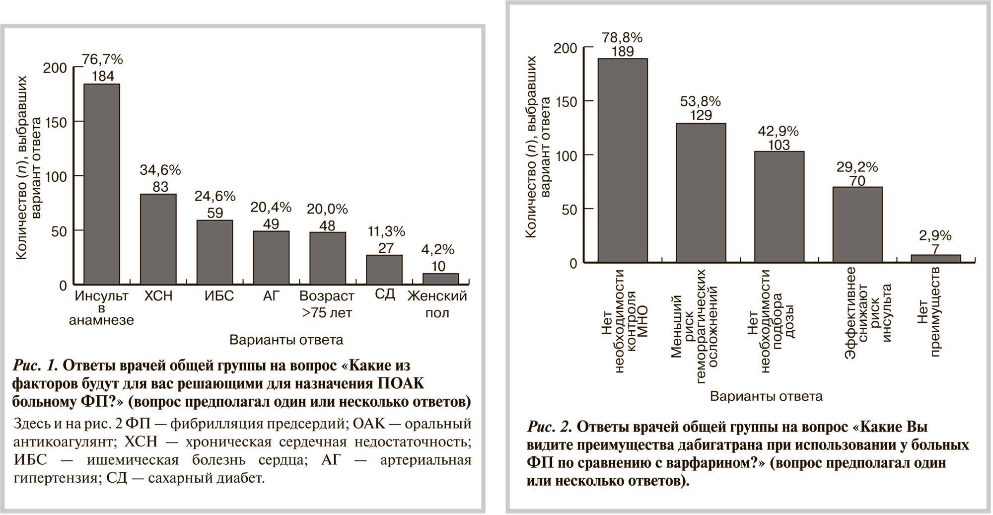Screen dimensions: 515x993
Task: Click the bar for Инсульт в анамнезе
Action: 101,184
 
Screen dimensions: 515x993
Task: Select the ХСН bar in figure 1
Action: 158,238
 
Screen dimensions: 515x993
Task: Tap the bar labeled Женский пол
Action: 440,279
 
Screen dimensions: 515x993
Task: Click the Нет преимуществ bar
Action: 935,258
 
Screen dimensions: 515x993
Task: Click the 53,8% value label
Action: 700,102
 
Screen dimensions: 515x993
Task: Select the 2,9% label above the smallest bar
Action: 935,235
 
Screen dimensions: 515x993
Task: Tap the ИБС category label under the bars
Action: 219,296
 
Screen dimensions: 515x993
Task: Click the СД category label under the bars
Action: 385,294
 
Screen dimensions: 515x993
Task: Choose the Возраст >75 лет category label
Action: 327,304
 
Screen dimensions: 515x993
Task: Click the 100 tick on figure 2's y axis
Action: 566,155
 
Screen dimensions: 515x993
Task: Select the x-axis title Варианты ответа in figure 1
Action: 286,340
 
